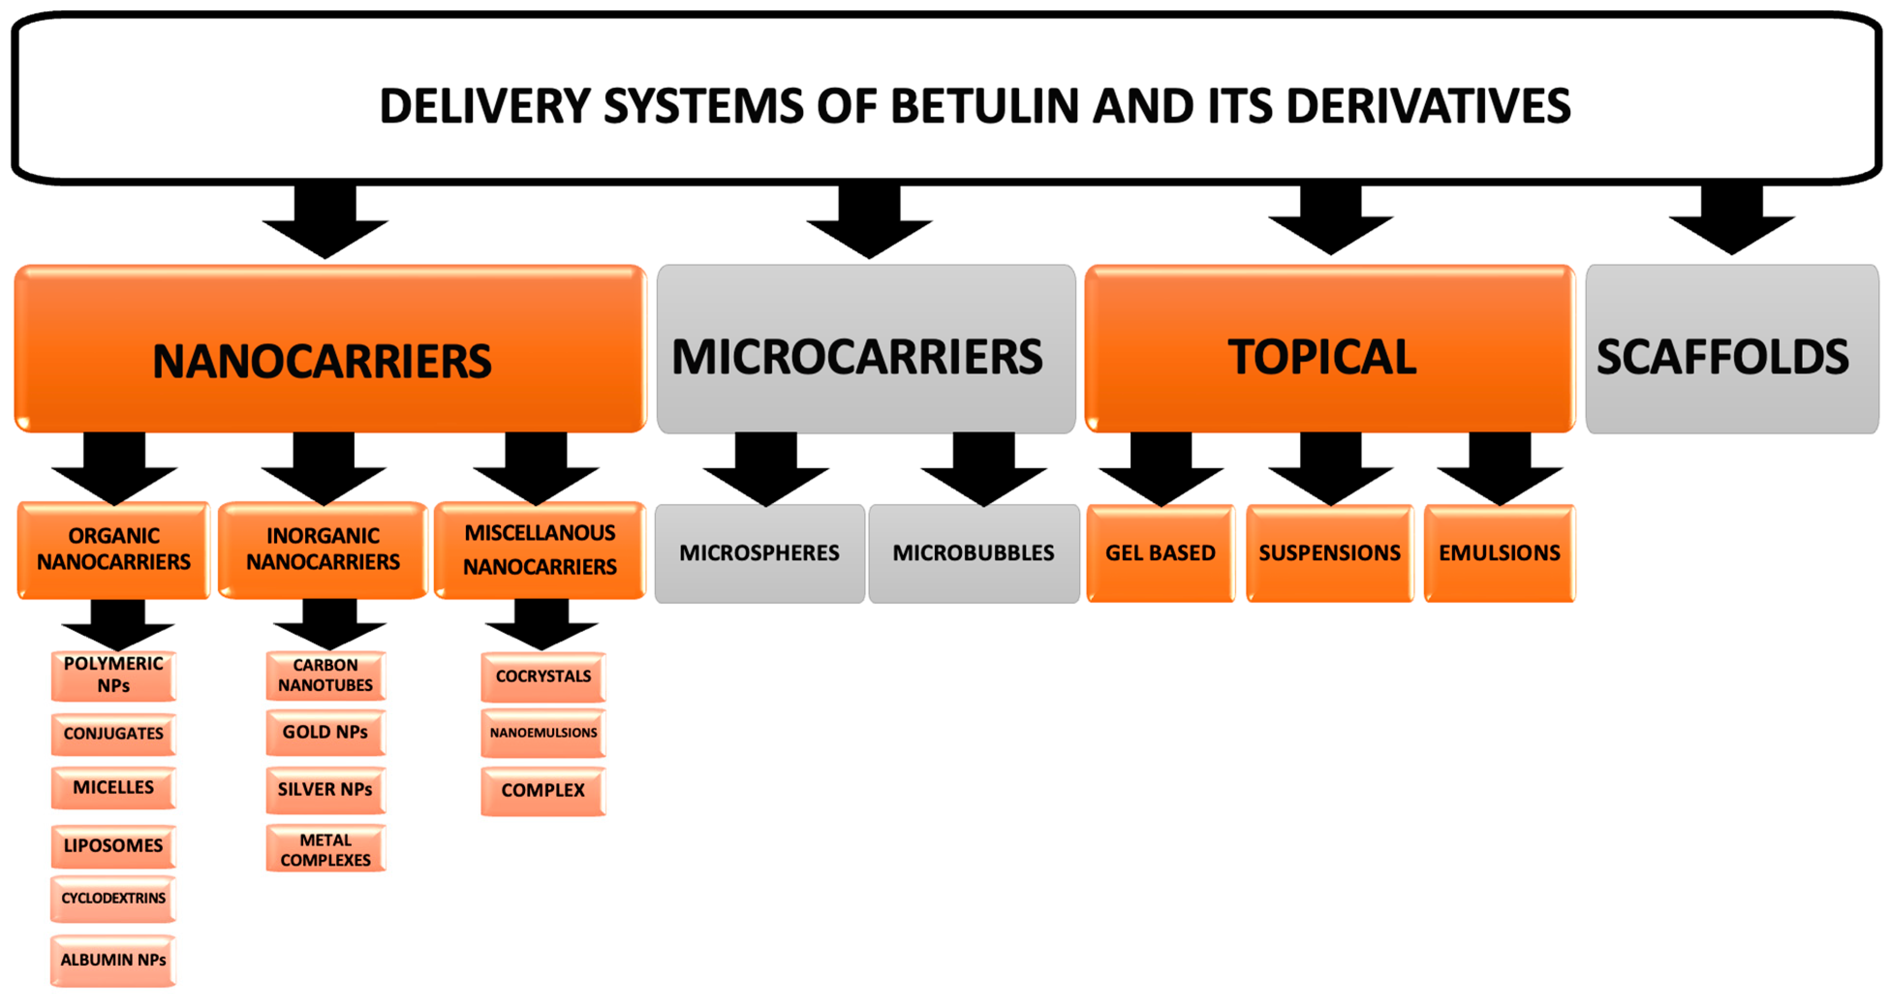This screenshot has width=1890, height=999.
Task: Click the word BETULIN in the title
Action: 985,107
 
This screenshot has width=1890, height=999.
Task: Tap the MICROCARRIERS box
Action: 866,349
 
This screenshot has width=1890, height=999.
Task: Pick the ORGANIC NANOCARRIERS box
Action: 114,549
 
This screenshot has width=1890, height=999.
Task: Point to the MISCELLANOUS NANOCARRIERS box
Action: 540,549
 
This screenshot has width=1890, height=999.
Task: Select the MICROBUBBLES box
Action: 974,553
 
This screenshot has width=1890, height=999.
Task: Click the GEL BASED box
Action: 1160,553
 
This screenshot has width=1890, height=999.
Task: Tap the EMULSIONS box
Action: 1499,553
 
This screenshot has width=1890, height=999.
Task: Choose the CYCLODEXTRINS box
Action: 114,898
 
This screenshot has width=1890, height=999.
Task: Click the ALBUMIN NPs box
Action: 114,959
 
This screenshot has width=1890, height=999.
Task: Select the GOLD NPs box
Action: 325,732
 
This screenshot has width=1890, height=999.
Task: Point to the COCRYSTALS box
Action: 543,676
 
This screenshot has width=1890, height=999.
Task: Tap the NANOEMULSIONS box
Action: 543,733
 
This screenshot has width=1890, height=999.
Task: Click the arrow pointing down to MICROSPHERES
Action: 765,470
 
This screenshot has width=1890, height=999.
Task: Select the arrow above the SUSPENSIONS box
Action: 1330,470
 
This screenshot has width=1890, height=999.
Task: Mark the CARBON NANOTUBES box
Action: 325,674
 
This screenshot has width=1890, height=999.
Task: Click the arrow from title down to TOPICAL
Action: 1330,220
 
